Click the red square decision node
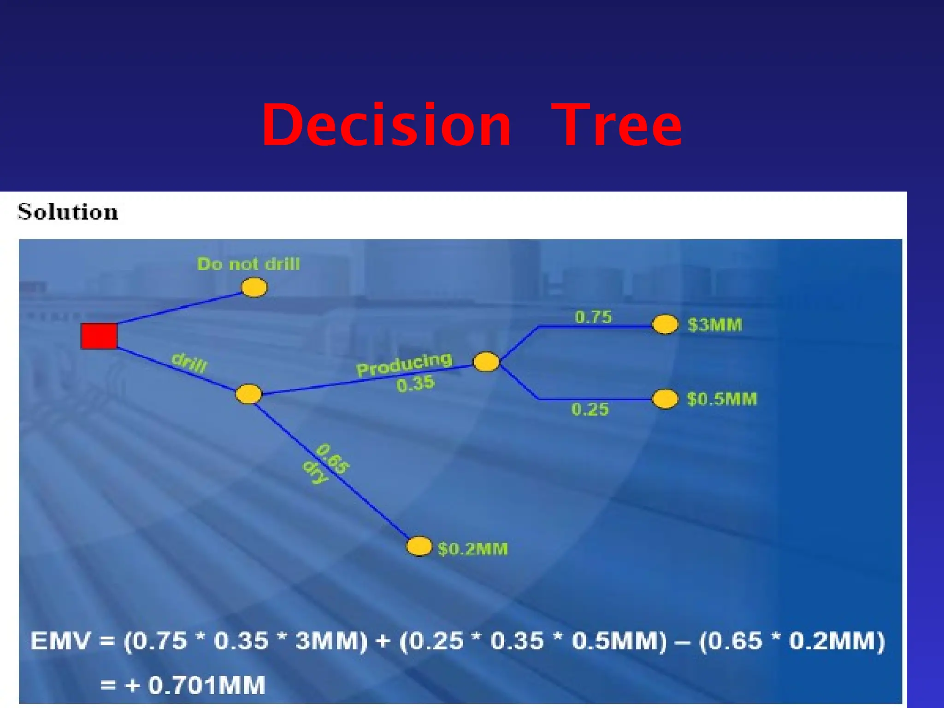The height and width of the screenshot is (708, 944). coord(99,336)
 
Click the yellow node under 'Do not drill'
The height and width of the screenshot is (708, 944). coord(254,287)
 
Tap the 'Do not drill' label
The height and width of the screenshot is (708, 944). coord(248,264)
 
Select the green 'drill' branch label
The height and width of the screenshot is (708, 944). coord(189,363)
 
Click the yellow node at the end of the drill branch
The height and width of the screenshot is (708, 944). coord(248,395)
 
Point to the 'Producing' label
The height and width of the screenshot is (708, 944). coord(404,364)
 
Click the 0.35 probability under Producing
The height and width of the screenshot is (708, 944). coord(415,383)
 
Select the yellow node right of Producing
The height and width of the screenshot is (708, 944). coord(486,362)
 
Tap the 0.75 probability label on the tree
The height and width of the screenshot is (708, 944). coord(593,317)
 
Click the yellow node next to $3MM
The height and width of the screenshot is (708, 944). coord(665,324)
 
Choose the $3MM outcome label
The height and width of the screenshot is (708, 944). coord(715,325)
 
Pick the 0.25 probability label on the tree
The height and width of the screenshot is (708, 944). coord(590,409)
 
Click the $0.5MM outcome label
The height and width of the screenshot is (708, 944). coord(722,399)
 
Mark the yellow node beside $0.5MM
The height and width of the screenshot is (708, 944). coord(665,399)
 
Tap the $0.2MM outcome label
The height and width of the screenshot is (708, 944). coord(473,549)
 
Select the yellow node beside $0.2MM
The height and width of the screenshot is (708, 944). coord(419,547)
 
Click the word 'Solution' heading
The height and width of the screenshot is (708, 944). coord(68,212)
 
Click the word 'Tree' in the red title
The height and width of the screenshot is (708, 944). coord(616,125)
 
